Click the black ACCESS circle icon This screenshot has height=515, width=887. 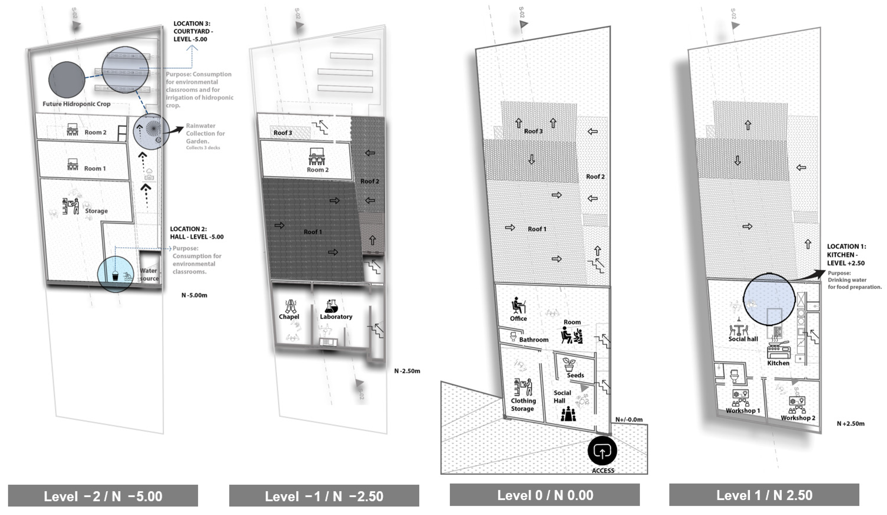602,451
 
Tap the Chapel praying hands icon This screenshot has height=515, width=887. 291,306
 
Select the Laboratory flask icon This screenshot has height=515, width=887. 331,306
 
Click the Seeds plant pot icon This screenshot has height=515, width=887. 569,365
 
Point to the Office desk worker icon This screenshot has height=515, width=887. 518,305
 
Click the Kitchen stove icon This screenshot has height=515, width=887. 778,349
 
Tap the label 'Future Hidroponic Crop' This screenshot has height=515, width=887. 76,104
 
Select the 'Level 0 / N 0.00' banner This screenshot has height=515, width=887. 545,495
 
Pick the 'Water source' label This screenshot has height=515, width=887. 149,274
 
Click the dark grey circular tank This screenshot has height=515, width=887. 66,80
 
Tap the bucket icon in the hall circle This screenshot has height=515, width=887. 115,276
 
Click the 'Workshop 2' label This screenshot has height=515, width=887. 798,418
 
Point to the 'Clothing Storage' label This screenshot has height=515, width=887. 523,404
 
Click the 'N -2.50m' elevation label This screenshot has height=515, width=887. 407,371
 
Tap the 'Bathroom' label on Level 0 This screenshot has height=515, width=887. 534,340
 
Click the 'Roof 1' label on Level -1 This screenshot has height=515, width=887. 312,232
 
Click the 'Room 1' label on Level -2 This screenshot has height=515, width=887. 95,168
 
